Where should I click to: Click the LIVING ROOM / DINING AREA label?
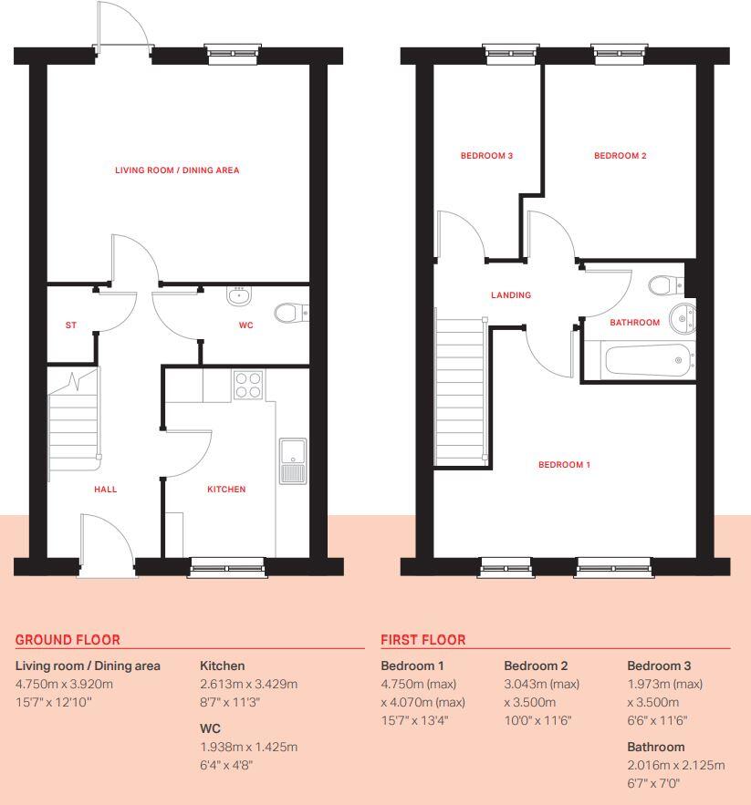coord(177,170)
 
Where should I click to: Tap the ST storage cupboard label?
coord(70,325)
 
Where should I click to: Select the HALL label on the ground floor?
coord(106,490)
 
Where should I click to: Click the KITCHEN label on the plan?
coord(226,490)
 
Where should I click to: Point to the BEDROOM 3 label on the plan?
coord(486,156)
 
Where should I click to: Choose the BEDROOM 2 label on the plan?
coord(621,156)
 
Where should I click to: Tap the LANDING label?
coord(511,295)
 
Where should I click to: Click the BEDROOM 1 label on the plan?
coord(564,465)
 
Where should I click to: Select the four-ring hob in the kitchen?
coord(248,386)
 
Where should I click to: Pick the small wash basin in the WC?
coord(239,294)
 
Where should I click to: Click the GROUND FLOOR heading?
coord(68,640)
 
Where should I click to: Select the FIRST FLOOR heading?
coord(422,640)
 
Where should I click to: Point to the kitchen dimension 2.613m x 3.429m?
coord(248,684)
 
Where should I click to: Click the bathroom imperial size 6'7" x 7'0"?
coord(653,783)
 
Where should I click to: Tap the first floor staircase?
coord(460,387)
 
